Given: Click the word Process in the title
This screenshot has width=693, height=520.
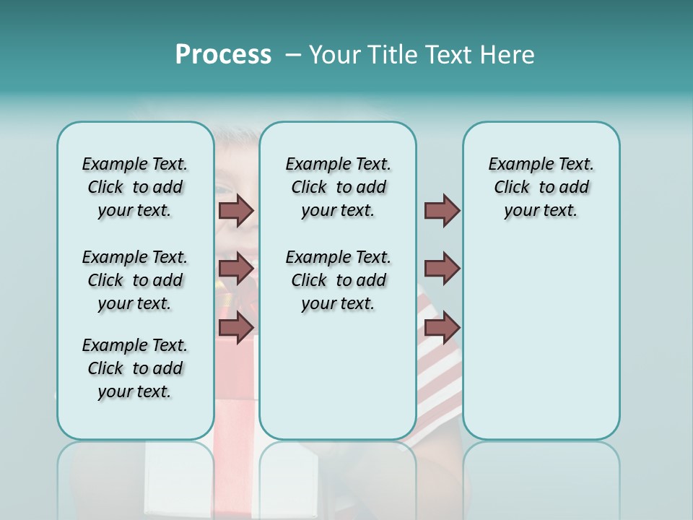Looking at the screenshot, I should (223, 55).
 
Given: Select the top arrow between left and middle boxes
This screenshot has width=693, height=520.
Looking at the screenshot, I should (236, 210).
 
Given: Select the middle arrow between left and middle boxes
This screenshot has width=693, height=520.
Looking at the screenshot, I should (236, 269).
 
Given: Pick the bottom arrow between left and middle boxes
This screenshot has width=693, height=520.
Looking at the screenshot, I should (236, 327).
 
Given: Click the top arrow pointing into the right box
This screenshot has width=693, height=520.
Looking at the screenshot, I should (442, 210).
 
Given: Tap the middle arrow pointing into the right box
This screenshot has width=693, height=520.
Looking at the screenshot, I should (442, 269).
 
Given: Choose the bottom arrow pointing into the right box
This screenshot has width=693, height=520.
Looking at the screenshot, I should (442, 327).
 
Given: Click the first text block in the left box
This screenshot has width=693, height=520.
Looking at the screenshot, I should (135, 187).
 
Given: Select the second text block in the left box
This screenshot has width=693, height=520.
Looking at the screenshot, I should (135, 280).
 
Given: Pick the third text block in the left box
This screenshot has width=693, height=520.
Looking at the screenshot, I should (135, 368).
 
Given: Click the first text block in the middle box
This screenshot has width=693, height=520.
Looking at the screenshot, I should (338, 187).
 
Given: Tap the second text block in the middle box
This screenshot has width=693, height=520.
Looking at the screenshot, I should (338, 280).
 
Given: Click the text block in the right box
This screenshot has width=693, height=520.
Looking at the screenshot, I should (541, 187).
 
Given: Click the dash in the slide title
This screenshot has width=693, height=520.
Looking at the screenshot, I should (293, 55).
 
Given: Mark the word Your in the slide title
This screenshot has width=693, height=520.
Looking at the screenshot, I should (334, 55).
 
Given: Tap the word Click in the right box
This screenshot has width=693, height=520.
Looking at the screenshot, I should (512, 188).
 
